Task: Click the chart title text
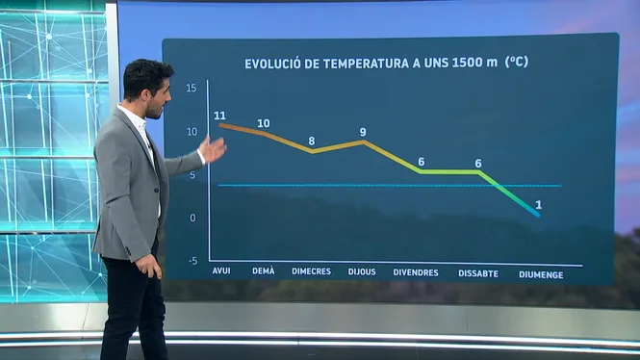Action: tap(386, 63)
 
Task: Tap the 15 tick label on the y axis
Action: tap(191, 88)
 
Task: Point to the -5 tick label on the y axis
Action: tap(193, 261)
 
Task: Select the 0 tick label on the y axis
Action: tap(193, 218)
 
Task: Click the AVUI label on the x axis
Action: tap(221, 270)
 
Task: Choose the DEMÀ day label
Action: tap(264, 270)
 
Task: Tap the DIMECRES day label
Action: tap(311, 271)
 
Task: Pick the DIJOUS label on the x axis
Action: tap(362, 271)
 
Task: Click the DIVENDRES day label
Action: tap(416, 272)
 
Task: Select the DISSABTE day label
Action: tap(478, 273)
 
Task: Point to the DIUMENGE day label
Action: tap(541, 274)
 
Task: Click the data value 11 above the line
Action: tap(219, 116)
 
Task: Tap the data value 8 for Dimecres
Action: tap(312, 141)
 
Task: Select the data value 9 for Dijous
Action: tap(363, 132)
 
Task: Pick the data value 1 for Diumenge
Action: tap(539, 205)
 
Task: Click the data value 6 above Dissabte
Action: tap(478, 164)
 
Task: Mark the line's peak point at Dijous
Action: tap(363, 142)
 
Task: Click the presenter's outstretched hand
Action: tap(213, 150)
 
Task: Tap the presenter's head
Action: tap(148, 88)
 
